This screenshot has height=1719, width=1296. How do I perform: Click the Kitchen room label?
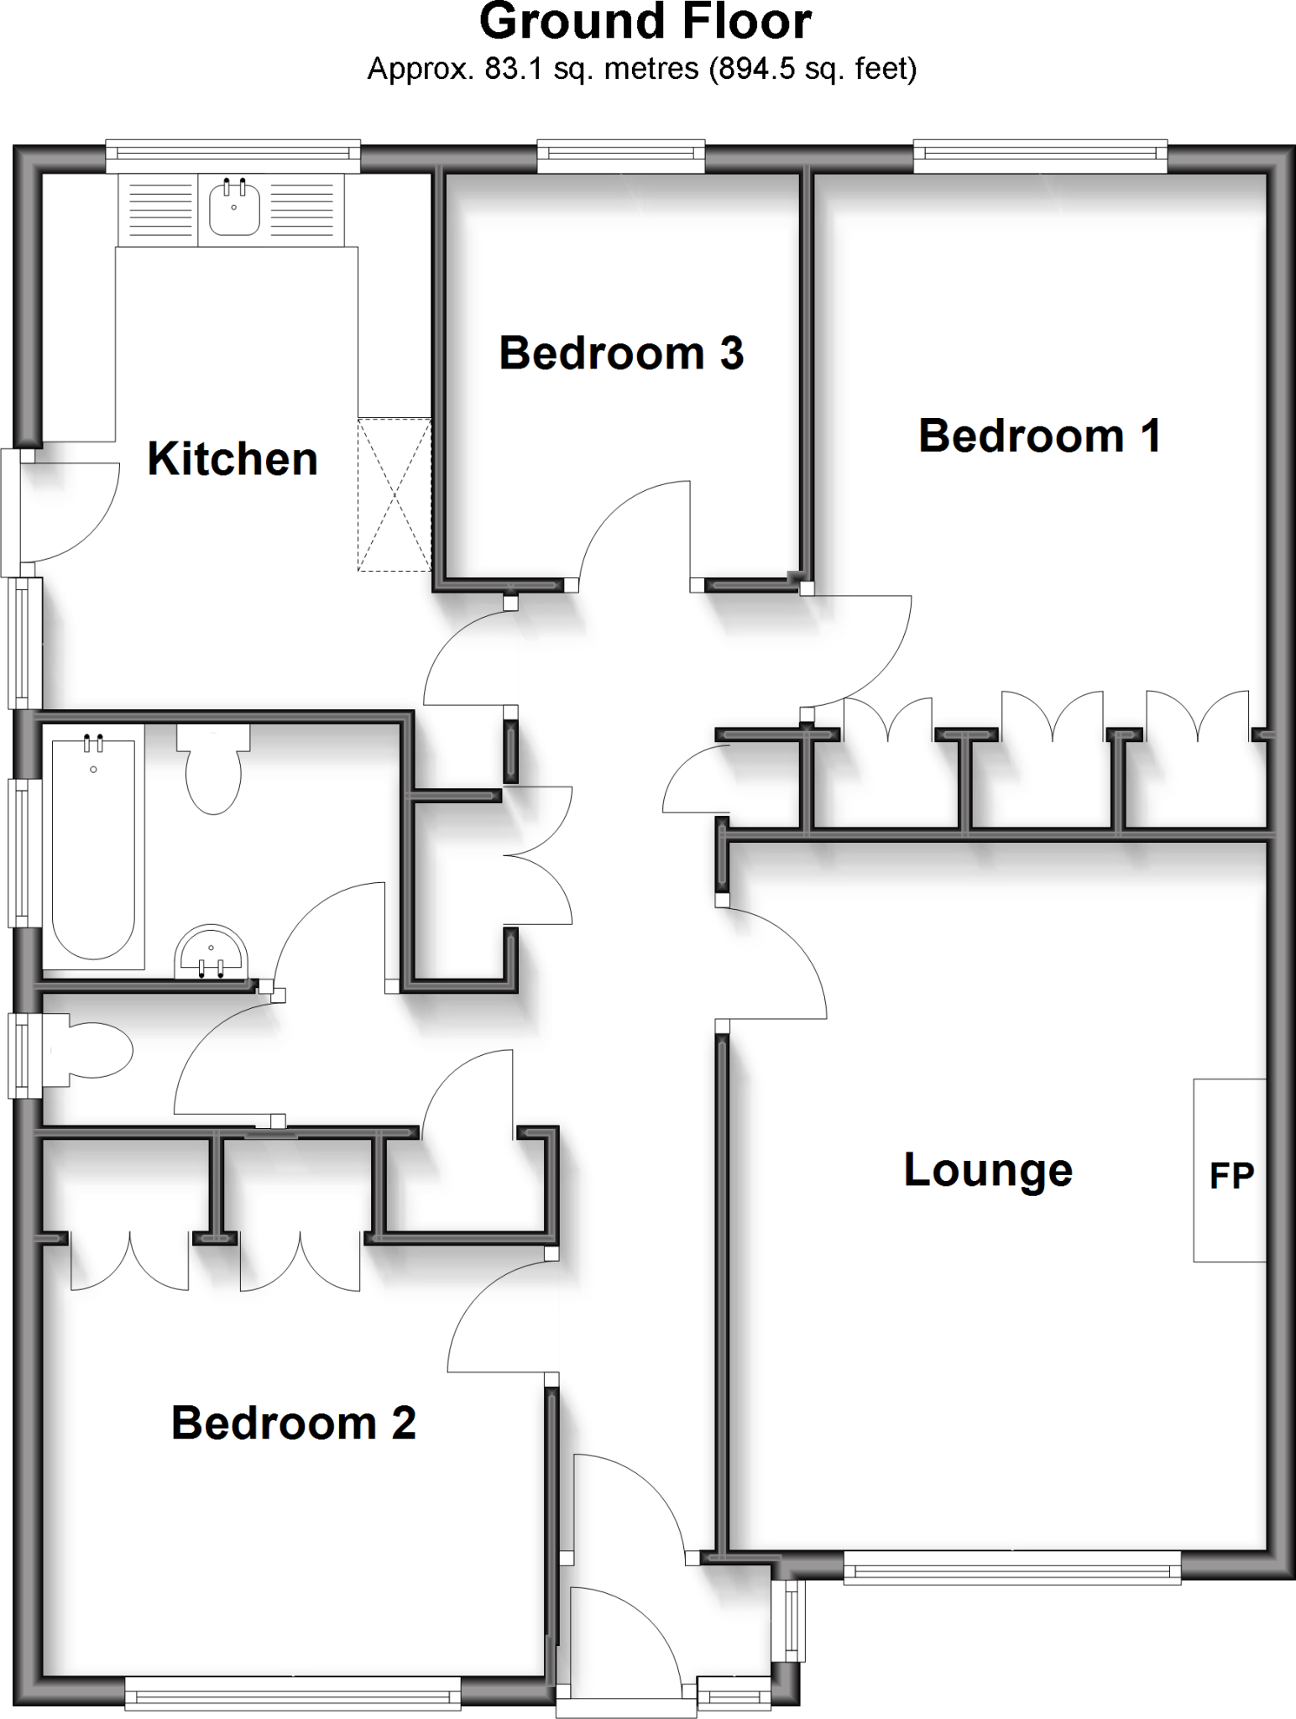pos(233,459)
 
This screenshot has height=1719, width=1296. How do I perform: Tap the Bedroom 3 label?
pos(621,353)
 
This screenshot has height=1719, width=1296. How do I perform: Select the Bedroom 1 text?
pos(1039,436)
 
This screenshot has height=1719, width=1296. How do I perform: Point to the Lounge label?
pos(988,1169)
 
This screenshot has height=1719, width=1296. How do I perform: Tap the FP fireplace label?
pos(1231,1176)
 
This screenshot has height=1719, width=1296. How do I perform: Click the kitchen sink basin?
pos(234,209)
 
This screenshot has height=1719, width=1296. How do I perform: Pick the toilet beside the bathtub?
pos(213,768)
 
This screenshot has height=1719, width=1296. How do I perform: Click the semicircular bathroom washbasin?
pos(211,953)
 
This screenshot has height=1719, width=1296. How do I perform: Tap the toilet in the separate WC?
pos(91,1050)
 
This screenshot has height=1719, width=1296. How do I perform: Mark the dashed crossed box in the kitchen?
pos(395,494)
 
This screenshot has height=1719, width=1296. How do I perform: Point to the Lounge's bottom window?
pos(1011,1565)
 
